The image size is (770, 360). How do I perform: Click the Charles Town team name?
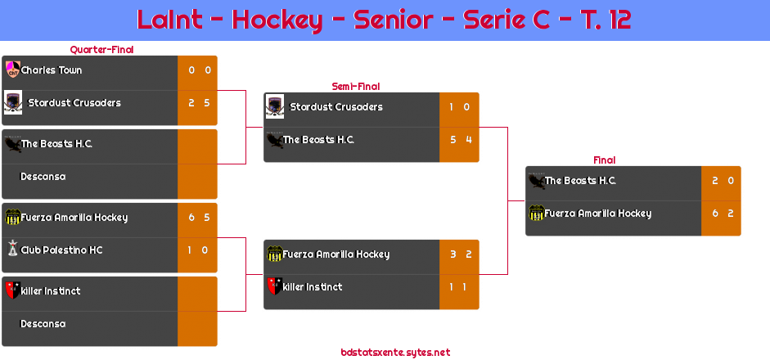coord(52,70)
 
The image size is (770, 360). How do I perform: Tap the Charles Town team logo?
coord(12,70)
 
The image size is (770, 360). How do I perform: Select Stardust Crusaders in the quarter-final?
coord(74,103)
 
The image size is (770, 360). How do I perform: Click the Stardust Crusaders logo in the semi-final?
coord(275,106)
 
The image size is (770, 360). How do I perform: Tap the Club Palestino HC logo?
coord(12,250)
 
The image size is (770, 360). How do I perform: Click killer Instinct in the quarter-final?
coord(51,291)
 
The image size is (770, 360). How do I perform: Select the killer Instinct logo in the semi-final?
coord(274,286)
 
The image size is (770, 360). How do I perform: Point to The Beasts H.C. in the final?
coord(580,181)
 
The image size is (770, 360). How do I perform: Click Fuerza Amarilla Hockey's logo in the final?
coord(536,214)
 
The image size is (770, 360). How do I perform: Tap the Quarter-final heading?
coord(101,50)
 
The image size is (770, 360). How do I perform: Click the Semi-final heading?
coord(354,86)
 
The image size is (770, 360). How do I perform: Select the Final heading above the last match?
coord(603,160)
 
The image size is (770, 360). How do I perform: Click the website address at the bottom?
coord(395,353)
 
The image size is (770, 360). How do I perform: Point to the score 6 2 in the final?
coord(722,214)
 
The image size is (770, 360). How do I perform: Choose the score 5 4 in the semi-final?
coord(460,140)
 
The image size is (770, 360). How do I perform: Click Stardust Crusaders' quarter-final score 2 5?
coord(198,103)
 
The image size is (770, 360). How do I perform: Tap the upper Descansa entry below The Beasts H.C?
coord(43,177)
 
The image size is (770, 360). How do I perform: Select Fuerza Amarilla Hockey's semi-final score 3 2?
coord(460,254)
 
